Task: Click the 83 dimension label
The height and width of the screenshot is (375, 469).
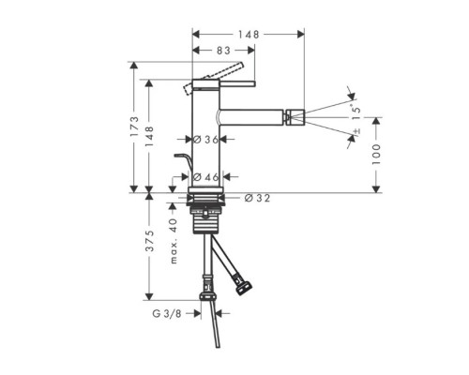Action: point(223,51)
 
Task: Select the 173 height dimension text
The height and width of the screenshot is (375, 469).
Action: point(134,127)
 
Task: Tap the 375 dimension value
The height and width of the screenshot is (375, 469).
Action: point(150,241)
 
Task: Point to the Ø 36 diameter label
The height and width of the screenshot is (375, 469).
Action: point(205,140)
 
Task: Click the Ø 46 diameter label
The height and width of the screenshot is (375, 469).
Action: point(205,177)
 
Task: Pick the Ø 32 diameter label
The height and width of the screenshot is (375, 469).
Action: point(257,198)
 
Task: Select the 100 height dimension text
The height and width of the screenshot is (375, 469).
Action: point(376,155)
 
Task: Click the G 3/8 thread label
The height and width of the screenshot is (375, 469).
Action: point(167,313)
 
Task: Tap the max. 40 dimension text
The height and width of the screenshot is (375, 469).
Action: point(174,241)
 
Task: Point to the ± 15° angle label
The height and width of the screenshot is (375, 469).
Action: point(356,119)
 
